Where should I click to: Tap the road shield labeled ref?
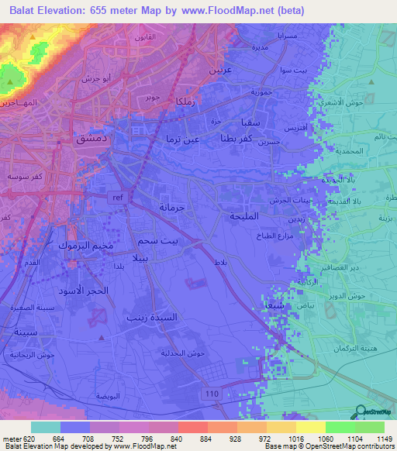point(118,197)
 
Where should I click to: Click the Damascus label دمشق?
point(88,139)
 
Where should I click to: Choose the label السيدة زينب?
point(151,317)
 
